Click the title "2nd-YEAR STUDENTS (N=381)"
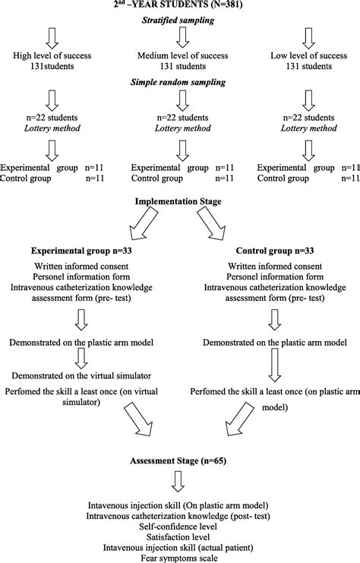(179, 6)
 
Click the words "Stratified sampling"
(180, 21)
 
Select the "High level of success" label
(51, 56)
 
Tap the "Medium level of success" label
(180, 56)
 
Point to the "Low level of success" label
(308, 56)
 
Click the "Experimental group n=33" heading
(81, 250)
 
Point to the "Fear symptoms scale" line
(180, 556)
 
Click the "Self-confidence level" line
(180, 524)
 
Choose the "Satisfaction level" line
(180, 535)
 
